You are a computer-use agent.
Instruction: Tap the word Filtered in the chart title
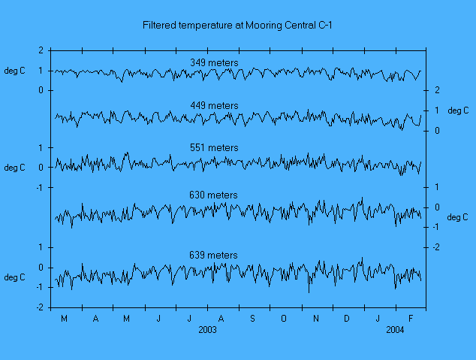click(x=160, y=26)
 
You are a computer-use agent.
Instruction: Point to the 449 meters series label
click(x=213, y=106)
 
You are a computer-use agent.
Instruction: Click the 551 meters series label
click(x=213, y=148)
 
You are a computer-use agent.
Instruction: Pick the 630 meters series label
click(x=213, y=195)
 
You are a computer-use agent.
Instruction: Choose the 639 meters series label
click(x=213, y=256)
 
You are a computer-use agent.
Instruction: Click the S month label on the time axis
click(x=252, y=319)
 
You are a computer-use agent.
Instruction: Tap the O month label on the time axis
click(x=284, y=319)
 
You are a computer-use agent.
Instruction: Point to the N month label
click(x=315, y=319)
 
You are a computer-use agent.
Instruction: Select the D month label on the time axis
click(x=347, y=319)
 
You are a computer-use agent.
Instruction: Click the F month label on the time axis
click(x=410, y=319)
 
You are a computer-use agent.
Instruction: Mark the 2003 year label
click(x=209, y=330)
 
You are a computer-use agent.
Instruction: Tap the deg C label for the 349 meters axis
click(x=15, y=71)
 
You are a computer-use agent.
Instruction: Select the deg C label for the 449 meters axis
click(x=458, y=110)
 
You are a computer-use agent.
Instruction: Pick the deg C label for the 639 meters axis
click(x=15, y=277)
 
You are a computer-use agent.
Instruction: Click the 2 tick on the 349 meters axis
click(x=41, y=50)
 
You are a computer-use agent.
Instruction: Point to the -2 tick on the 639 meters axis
click(x=40, y=307)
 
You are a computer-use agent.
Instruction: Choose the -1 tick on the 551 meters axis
click(x=40, y=187)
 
